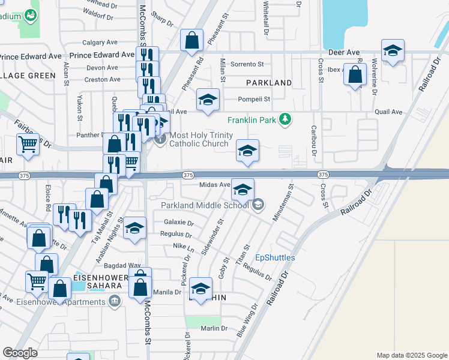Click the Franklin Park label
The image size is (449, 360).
(x=251, y=120)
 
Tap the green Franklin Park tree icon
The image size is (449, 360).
(x=286, y=119)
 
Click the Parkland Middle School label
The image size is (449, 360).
(x=204, y=205)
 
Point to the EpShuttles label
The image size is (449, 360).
(x=275, y=257)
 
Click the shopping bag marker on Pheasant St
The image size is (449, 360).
(x=191, y=42)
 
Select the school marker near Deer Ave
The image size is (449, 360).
(x=393, y=51)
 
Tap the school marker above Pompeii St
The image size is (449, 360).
(x=208, y=100)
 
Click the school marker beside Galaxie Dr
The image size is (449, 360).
(x=135, y=229)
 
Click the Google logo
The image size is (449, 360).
(x=20, y=353)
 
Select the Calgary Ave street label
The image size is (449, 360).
(x=100, y=43)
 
